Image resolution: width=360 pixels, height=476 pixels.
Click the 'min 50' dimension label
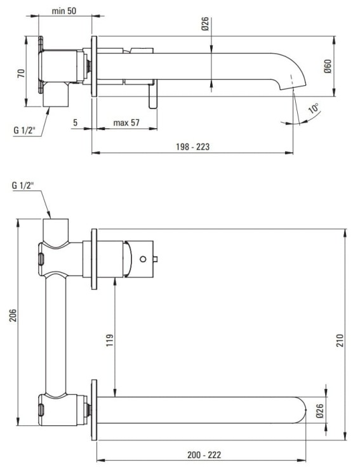coord(63,11)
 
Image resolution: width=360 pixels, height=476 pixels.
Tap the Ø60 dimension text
coord(328,66)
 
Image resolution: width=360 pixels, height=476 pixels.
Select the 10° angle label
coord(314,108)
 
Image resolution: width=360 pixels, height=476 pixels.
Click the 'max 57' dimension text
coord(126,122)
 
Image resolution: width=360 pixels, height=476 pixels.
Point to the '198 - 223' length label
coord(192,147)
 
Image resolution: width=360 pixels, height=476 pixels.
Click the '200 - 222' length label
coord(204,455)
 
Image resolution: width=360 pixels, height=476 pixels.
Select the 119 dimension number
coord(110,340)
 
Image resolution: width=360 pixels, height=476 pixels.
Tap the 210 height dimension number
coord(340,340)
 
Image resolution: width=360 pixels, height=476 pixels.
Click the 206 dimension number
coord(12,315)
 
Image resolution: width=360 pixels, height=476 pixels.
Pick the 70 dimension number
coord(21,73)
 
